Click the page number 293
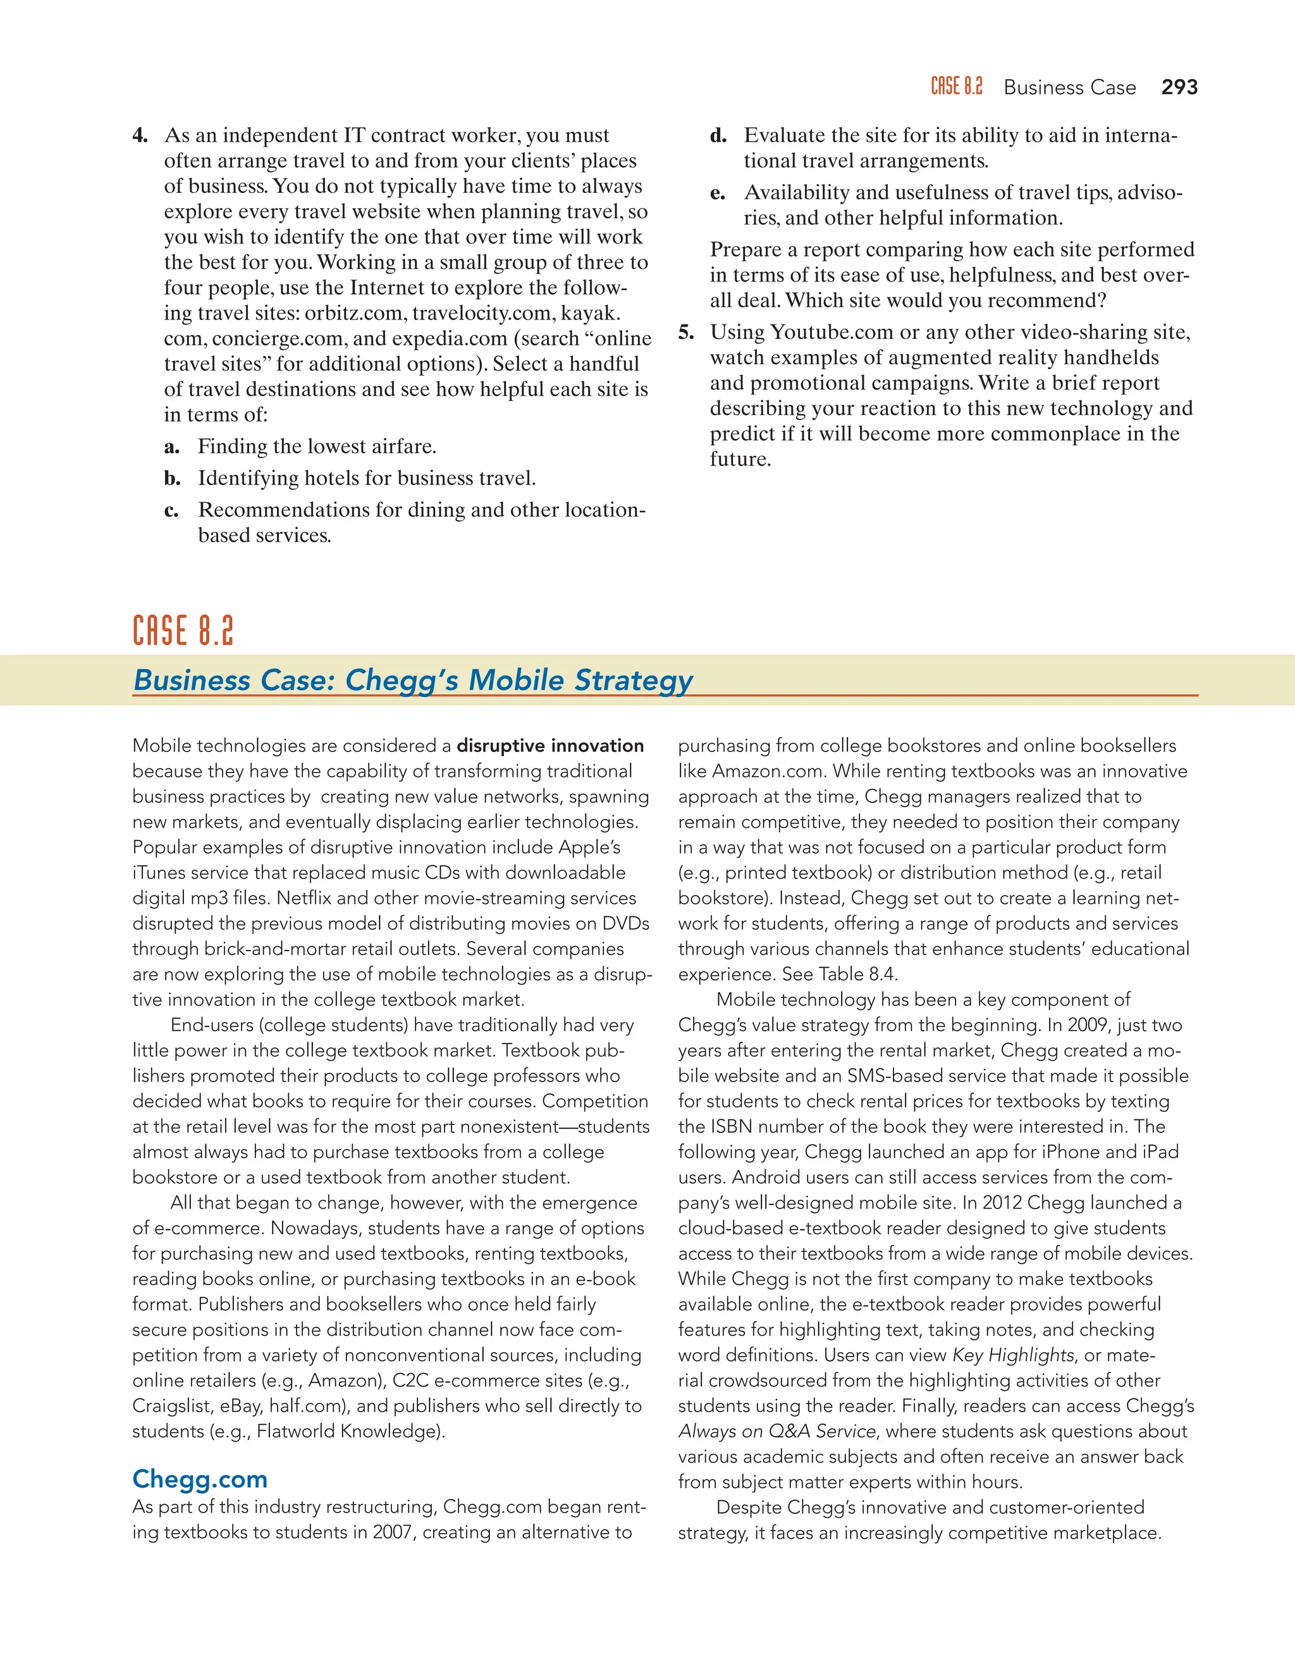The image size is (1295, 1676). tap(1179, 87)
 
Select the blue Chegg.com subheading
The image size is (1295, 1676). tap(199, 1478)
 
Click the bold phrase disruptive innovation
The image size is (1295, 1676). tap(550, 745)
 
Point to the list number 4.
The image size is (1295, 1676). tap(140, 136)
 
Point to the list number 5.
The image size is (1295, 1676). tap(686, 332)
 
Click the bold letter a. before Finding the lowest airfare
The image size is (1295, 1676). tap(172, 447)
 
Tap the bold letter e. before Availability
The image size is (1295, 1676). tap(717, 193)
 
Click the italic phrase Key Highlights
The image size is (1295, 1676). tap(1013, 1355)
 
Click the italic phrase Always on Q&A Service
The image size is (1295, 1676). tap(776, 1431)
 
